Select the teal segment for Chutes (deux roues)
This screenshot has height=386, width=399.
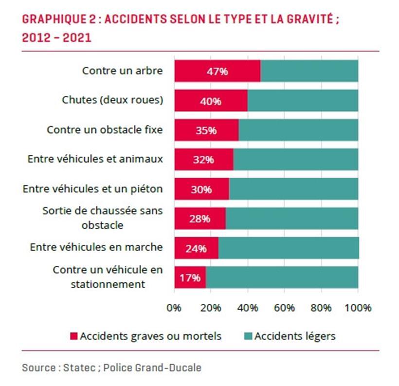(303, 101)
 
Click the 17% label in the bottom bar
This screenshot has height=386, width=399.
(190, 278)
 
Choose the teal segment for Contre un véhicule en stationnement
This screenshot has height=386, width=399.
(282, 277)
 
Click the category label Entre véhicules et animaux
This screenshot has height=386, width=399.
(95, 159)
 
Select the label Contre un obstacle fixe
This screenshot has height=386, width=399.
(105, 130)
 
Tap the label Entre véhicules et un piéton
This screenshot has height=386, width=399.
(92, 189)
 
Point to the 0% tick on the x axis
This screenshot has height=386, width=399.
(174, 308)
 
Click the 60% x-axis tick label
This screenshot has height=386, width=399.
(284, 308)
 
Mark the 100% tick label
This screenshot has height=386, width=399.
(358, 308)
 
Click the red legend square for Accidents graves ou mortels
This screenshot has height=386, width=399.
(74, 336)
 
